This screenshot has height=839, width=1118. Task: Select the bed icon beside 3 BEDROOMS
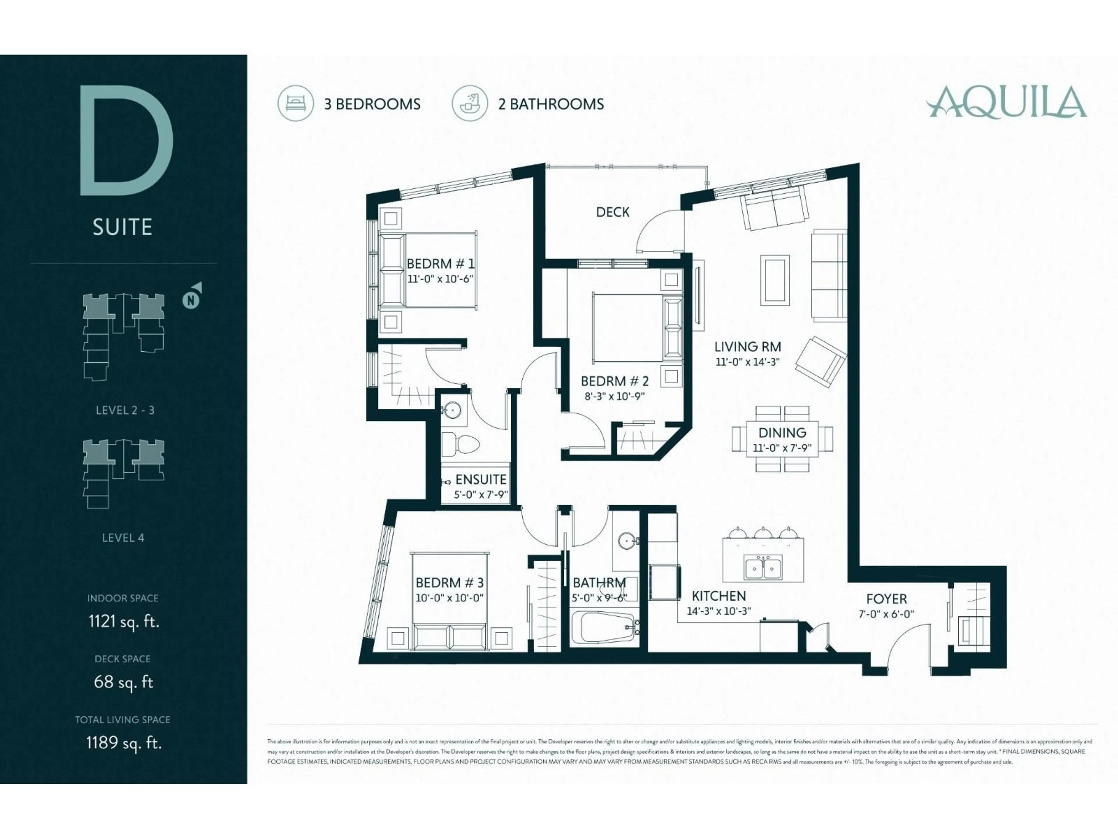[x=296, y=103]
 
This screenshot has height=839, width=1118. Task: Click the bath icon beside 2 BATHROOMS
[x=470, y=103]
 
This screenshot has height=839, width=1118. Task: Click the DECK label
[x=613, y=212]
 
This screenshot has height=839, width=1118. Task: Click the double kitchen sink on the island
[x=763, y=567]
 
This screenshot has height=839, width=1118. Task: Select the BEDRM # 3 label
[x=449, y=583]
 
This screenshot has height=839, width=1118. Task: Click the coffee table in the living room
[x=775, y=280]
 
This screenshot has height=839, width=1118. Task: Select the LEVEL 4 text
[x=123, y=537]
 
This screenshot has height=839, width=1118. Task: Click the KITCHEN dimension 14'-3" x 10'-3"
[x=718, y=611]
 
